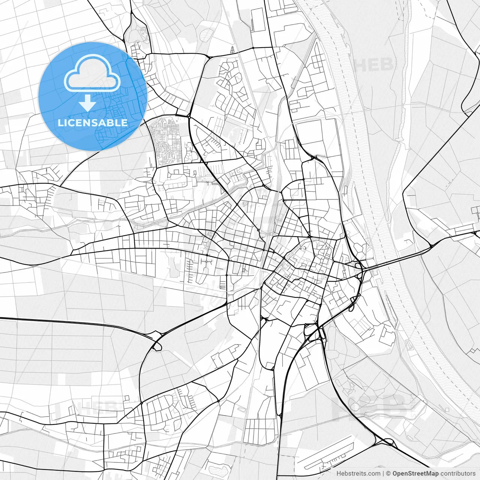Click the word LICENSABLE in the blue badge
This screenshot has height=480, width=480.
[x=93, y=123]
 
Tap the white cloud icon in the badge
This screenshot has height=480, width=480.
[x=92, y=73]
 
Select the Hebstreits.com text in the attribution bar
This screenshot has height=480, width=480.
[x=358, y=474]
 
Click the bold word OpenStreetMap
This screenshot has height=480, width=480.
[x=415, y=474]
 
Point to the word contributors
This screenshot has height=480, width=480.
[x=458, y=474]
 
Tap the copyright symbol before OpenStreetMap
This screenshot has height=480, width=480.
[x=389, y=474]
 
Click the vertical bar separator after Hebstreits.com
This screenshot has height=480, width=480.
[x=383, y=474]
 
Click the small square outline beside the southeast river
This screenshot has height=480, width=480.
[x=447, y=409]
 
